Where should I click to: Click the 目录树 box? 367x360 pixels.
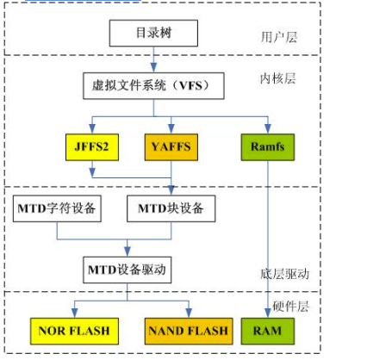click(x=153, y=33)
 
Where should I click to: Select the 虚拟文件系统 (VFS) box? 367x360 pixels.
click(x=153, y=86)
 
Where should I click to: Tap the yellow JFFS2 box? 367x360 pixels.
click(x=92, y=147)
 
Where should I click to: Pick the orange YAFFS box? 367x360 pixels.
click(x=171, y=147)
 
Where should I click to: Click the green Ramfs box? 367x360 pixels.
click(x=268, y=147)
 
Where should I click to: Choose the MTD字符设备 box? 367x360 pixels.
click(x=57, y=208)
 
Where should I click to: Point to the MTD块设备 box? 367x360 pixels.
click(x=171, y=208)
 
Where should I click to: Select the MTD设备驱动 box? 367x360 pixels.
click(x=128, y=270)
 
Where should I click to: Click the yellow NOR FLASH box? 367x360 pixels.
click(x=74, y=331)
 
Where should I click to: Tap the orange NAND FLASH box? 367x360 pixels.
click(x=189, y=331)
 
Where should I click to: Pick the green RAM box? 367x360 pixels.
click(x=268, y=331)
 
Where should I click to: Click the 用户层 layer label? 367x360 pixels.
click(x=279, y=37)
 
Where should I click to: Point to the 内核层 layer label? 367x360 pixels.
click(x=277, y=78)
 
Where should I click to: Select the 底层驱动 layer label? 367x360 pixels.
click(x=284, y=274)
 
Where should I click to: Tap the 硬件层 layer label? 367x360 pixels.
click(x=290, y=307)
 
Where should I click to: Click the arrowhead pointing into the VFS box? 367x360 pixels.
click(x=153, y=68)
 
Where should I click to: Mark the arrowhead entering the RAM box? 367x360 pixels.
click(x=268, y=313)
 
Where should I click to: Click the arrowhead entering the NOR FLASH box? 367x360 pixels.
click(x=74, y=313)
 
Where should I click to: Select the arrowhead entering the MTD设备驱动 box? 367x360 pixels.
click(x=128, y=251)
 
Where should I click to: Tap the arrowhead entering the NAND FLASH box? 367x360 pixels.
click(x=189, y=313)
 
